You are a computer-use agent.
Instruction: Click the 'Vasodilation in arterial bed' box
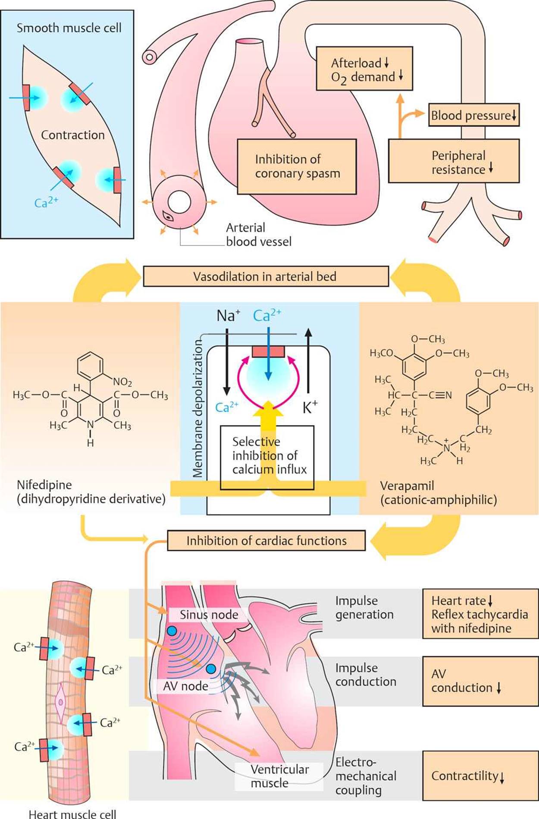(265, 276)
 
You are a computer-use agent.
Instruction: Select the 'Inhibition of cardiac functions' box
(266, 541)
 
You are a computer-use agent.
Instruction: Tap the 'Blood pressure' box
(473, 115)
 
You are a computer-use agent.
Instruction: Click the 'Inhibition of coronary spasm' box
(297, 166)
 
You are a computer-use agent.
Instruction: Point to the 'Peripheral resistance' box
(454, 161)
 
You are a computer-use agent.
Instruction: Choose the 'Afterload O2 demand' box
(364, 69)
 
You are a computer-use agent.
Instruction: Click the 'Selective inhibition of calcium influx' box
(267, 456)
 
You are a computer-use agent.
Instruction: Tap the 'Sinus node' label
(209, 615)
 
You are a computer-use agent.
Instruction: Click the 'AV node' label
(185, 686)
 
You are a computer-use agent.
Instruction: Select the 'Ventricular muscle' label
(279, 776)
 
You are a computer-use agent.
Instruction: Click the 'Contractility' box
(480, 776)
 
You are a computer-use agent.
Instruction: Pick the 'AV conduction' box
(480, 681)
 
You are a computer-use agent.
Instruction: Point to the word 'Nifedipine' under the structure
(44, 485)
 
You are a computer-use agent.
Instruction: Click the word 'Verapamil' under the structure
(407, 486)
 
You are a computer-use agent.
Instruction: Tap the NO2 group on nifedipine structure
(122, 382)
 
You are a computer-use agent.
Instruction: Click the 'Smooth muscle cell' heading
(69, 28)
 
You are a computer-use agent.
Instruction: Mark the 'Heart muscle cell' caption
(72, 813)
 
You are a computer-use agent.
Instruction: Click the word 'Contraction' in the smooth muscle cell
(73, 135)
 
